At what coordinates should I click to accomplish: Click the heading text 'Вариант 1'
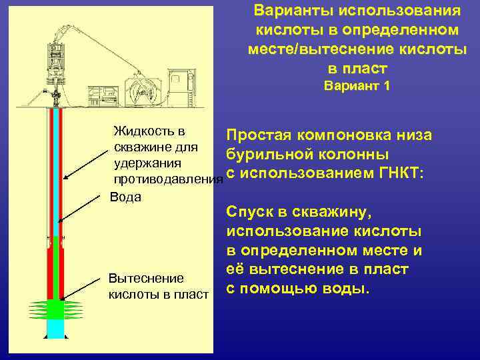pyautogui.click(x=357, y=86)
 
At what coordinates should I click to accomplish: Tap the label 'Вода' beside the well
pyautogui.click(x=125, y=197)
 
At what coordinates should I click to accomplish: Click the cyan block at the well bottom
pyautogui.click(x=55, y=327)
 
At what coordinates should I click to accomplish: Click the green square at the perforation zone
pyautogui.click(x=55, y=309)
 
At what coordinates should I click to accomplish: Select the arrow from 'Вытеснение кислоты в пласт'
pyautogui.click(x=83, y=283)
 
